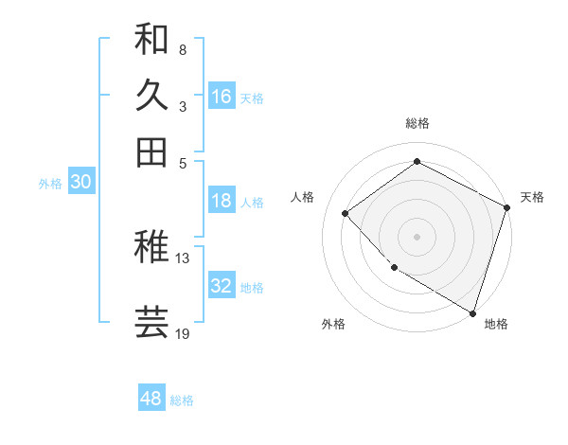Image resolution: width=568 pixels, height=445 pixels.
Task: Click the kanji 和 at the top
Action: [152, 39]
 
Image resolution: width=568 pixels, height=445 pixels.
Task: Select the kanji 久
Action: [152, 95]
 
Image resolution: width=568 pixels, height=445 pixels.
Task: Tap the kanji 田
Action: [152, 151]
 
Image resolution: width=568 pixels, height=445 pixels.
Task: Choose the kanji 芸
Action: [152, 322]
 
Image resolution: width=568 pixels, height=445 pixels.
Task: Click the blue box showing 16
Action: [222, 97]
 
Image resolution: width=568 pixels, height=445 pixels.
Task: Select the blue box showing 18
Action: [222, 201]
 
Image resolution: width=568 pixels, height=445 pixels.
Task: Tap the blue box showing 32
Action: [222, 286]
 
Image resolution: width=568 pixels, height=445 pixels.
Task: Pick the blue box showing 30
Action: [80, 183]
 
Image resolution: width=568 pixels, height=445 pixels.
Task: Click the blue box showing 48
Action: [151, 399]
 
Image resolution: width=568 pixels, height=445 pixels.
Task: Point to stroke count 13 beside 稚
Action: [183, 258]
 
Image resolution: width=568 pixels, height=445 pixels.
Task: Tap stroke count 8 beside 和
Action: [182, 49]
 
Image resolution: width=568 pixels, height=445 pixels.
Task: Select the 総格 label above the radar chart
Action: [417, 123]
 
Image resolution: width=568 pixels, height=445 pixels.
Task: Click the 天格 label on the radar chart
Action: [532, 197]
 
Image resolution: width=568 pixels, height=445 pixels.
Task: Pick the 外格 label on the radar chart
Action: [333, 324]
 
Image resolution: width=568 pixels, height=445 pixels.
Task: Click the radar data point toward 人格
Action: [346, 213]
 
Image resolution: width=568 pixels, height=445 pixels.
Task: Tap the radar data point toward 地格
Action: [472, 311]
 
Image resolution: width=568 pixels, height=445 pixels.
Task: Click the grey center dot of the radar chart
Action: [417, 236]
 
